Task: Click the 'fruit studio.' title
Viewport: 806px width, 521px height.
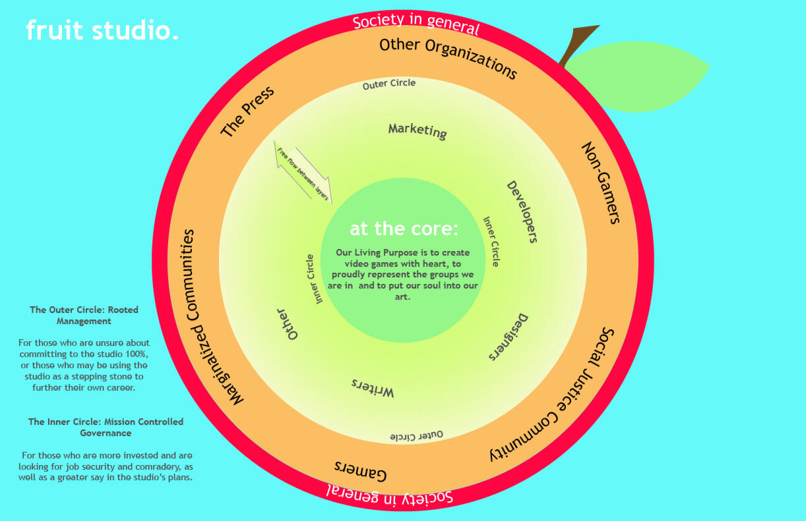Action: (102, 30)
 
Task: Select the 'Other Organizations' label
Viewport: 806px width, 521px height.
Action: (449, 58)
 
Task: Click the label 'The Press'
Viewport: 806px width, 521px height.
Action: (247, 111)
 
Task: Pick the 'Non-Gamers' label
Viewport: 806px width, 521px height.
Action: (601, 182)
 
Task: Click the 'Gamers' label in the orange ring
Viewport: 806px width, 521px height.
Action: (360, 470)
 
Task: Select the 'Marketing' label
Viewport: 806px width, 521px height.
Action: (418, 130)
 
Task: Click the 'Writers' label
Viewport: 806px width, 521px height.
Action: (372, 388)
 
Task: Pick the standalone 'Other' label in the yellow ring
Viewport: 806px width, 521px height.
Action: (288, 323)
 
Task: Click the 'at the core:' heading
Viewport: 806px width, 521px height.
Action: (404, 229)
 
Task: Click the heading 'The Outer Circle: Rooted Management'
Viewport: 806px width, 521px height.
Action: (84, 315)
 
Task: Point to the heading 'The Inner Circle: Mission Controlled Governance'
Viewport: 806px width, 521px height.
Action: (106, 427)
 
